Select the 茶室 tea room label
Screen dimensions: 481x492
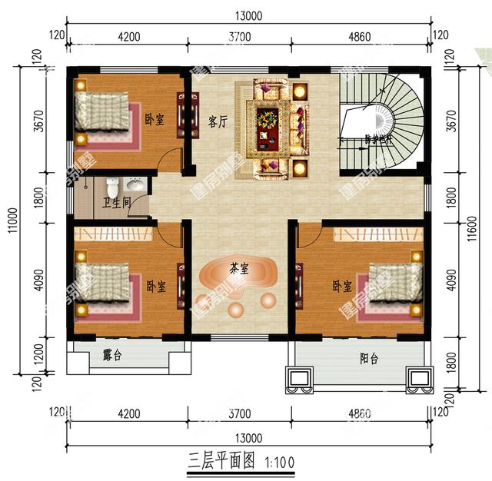[238, 269]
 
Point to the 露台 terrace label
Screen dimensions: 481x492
[112, 356]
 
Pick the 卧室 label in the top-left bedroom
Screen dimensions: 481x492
[154, 119]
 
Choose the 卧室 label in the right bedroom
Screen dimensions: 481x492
[342, 286]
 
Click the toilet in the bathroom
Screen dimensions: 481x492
[112, 185]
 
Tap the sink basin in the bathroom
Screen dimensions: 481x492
[135, 185]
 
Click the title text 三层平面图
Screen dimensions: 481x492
[222, 462]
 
